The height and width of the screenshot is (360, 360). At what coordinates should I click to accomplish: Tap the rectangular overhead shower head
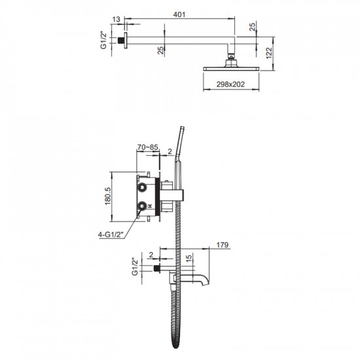pyautogui.click(x=231, y=67)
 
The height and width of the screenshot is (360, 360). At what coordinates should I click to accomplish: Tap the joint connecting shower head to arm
pyautogui.click(x=231, y=58)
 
